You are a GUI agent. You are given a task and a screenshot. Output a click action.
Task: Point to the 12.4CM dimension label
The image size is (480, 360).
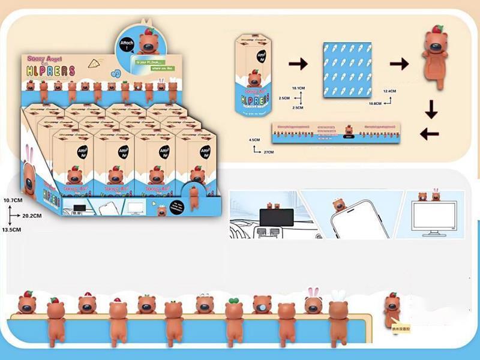click(390, 91)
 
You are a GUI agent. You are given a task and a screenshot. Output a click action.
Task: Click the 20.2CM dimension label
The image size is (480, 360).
click(31, 215)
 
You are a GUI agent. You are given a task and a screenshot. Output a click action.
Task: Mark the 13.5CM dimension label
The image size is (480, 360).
click(12, 230)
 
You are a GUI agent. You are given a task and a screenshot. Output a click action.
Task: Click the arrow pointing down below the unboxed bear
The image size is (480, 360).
click(431, 110)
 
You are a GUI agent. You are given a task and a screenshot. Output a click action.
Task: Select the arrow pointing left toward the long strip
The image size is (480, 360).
click(429, 134)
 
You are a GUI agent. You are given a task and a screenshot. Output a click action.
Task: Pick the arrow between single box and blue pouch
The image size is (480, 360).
click(298, 64)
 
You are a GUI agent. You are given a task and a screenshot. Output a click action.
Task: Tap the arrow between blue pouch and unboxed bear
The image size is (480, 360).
click(399, 64)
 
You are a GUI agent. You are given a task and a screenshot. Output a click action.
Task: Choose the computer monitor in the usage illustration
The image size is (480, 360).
click(434, 218)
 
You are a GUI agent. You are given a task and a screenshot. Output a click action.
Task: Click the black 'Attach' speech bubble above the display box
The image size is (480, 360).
click(128, 43)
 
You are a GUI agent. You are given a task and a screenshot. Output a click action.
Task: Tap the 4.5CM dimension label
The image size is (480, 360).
click(255, 140)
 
